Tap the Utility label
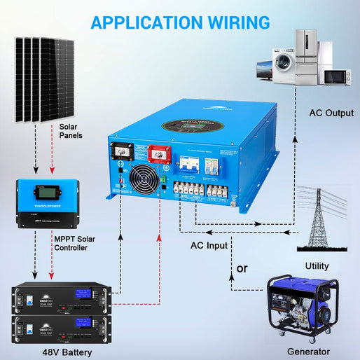pos(317,267)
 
